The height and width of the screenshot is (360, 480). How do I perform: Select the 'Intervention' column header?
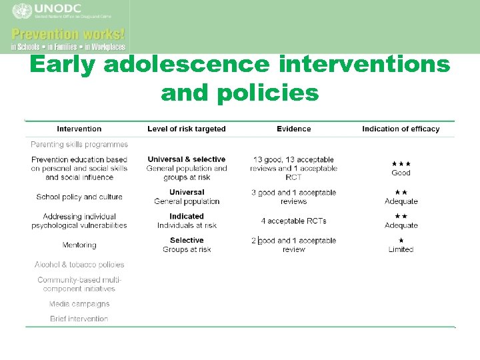(79, 129)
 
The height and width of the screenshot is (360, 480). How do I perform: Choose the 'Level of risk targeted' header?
(187, 129)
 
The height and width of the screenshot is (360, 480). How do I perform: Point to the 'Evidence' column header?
(294, 129)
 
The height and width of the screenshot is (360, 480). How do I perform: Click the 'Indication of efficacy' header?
(401, 129)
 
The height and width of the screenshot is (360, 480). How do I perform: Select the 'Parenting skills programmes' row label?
(79, 144)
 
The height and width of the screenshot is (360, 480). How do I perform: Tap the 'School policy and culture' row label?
(79, 197)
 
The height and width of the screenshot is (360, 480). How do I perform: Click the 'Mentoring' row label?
(79, 245)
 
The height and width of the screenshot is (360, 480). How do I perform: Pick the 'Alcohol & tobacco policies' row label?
(79, 265)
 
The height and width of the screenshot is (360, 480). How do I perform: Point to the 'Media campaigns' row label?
(79, 304)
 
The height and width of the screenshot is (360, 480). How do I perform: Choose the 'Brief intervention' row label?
(79, 319)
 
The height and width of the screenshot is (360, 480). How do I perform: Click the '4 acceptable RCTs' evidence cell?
(294, 221)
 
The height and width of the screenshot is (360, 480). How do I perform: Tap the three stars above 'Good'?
(401, 163)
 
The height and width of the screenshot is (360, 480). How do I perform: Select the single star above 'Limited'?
(401, 240)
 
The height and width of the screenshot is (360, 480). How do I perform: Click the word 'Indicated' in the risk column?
(187, 216)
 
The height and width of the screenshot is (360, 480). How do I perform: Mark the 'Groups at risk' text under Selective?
(187, 249)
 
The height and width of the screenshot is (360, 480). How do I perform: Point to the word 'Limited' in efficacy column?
(401, 249)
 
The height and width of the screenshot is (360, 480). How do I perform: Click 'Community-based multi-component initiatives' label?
(79, 284)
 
